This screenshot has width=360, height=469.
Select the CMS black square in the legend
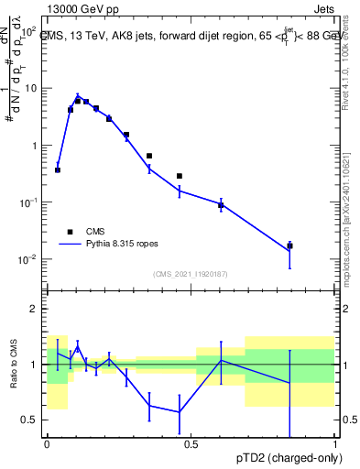70,232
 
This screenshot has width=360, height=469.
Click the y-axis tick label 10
30,89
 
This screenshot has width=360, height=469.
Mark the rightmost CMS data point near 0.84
289,245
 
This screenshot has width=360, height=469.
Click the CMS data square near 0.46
180,176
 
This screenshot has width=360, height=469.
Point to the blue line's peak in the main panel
78,95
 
